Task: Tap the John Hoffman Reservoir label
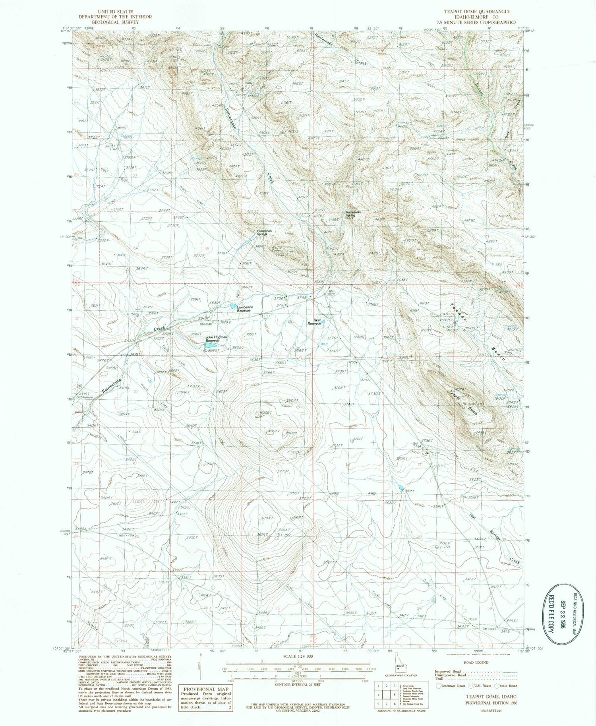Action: point(216,339)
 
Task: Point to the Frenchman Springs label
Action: point(264,232)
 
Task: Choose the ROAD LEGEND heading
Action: point(476,663)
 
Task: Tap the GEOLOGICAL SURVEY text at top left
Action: point(115,22)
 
